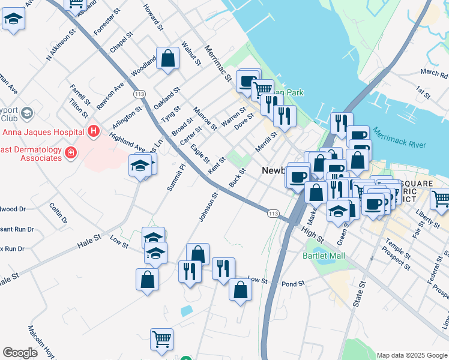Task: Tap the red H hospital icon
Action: point(93,130)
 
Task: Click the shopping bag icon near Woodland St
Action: point(168,58)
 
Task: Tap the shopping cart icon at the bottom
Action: point(161,340)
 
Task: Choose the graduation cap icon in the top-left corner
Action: point(13,20)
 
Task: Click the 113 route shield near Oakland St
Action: point(140,94)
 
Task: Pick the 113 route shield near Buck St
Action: point(273,213)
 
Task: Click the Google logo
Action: point(20,353)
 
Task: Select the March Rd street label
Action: point(434,74)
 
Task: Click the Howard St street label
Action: point(153,16)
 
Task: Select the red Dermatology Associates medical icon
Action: point(71,153)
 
